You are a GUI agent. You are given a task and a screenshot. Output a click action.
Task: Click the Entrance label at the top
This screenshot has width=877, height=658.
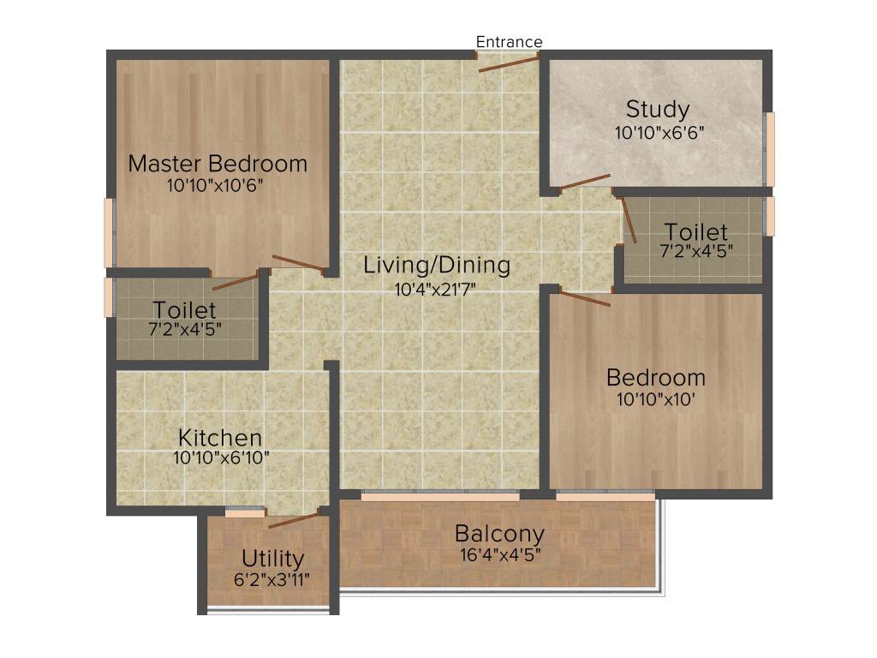click(509, 42)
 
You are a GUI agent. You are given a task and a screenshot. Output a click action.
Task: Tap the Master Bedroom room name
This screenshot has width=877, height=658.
click(218, 164)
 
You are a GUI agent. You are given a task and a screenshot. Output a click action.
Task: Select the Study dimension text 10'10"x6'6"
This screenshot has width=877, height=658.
click(659, 133)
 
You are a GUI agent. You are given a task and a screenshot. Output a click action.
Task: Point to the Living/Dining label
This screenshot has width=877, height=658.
click(437, 266)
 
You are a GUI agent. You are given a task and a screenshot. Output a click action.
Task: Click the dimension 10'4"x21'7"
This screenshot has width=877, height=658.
click(436, 290)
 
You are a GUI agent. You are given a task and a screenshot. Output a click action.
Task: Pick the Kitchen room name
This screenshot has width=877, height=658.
click(220, 439)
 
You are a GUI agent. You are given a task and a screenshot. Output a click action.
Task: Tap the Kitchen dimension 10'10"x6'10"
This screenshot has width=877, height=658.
click(221, 458)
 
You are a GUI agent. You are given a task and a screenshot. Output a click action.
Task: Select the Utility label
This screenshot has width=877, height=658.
click(272, 559)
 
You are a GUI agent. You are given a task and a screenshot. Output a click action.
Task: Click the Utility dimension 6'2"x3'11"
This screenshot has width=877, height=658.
click(272, 579)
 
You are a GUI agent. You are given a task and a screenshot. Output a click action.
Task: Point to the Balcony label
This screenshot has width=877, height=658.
click(499, 534)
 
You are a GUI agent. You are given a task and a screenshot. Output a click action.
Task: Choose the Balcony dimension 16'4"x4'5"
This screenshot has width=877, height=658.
click(499, 553)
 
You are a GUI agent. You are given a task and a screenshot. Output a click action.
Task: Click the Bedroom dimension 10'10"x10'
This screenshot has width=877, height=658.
click(656, 398)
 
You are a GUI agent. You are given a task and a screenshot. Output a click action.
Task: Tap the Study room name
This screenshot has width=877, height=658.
click(658, 110)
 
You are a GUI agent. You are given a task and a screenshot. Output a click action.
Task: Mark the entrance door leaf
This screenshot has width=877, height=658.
click(509, 63)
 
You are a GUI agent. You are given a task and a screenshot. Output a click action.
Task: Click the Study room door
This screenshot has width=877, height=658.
click(585, 181)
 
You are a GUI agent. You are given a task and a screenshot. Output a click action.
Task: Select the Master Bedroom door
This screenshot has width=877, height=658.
click(298, 264)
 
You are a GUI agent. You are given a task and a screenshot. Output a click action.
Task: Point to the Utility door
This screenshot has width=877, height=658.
click(294, 520)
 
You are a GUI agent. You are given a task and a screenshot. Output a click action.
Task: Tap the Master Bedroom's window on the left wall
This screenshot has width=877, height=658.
click(109, 232)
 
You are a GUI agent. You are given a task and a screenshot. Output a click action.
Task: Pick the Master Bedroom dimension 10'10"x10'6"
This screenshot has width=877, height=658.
click(218, 185)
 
